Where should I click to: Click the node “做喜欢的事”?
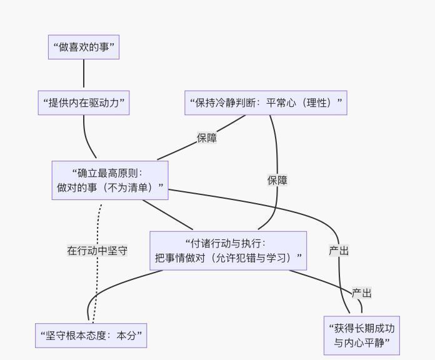84,47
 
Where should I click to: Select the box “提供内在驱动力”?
84,102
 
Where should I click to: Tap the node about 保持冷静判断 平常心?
266,102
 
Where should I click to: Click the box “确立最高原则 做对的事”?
110,180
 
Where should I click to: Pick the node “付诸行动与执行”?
228,251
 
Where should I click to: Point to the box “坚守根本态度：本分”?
91,336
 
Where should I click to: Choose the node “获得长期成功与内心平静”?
362,336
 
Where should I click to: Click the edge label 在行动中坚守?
97,251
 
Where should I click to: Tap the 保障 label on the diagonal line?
207,138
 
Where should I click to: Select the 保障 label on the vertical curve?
277,181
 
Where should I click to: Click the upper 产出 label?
339,251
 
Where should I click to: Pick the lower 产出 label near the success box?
362,293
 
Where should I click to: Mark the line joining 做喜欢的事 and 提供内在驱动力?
84,74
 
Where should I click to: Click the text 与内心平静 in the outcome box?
362,342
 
